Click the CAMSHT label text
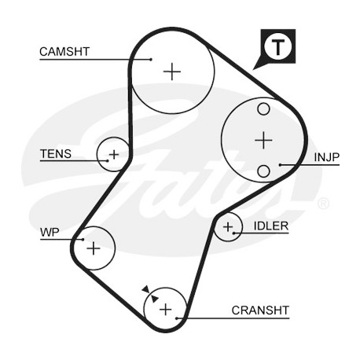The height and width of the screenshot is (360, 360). [x=64, y=52]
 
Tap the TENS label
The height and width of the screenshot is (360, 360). [x=56, y=154]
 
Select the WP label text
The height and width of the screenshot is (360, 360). [x=50, y=233]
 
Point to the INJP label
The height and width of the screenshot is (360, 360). [x=326, y=157]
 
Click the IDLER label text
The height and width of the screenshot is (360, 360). [x=271, y=226]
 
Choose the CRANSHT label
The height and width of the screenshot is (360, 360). [x=260, y=310]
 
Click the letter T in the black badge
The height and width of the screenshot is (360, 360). [x=277, y=47]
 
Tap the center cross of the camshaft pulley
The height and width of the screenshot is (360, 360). [x=172, y=72]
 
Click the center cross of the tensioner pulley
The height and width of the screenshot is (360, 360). [x=114, y=155]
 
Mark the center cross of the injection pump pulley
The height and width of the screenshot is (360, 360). [x=263, y=140]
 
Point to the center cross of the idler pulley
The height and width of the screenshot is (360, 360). [x=228, y=227]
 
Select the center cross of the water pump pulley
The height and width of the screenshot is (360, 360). [x=94, y=248]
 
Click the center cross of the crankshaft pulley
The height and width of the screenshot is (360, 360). [x=166, y=310]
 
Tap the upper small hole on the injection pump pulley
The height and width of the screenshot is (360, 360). [x=263, y=108]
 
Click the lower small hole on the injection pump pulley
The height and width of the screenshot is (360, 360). [x=263, y=171]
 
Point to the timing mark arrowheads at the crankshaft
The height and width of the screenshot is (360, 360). [x=150, y=294]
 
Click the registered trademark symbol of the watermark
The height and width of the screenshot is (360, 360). [x=324, y=204]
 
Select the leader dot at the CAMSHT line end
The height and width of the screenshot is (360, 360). [x=151, y=60]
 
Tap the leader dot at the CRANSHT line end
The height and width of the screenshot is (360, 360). [x=177, y=318]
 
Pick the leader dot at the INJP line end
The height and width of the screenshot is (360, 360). [x=280, y=165]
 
